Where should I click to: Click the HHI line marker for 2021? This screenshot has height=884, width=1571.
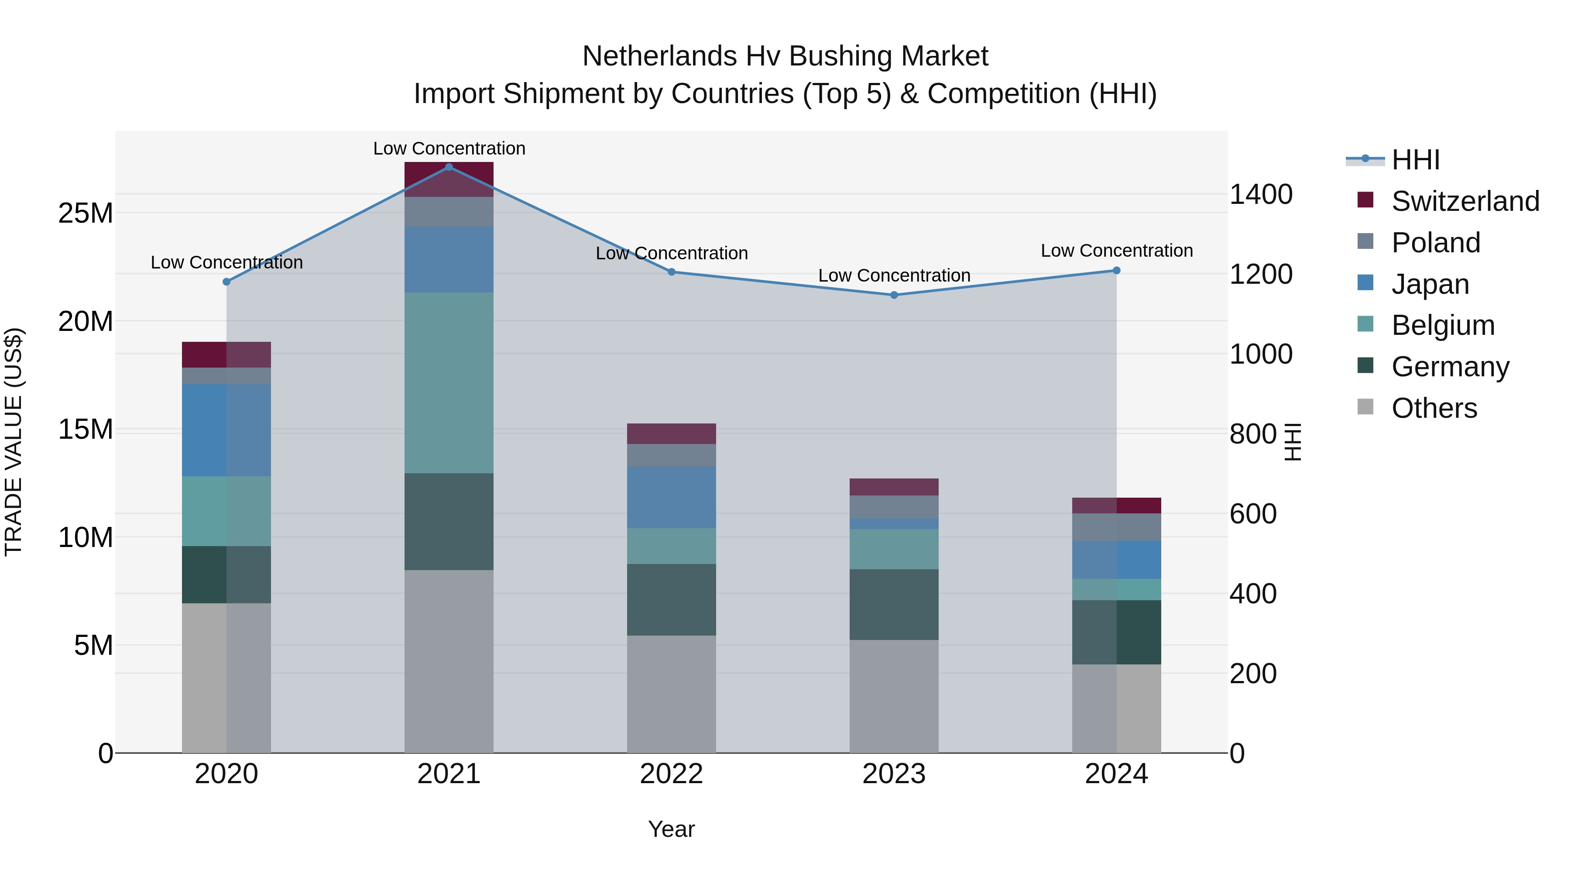(x=449, y=167)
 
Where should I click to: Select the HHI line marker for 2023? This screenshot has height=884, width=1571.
(x=894, y=295)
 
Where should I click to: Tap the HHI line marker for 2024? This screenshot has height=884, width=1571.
(x=1117, y=271)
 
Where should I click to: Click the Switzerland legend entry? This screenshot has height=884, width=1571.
(x=1465, y=201)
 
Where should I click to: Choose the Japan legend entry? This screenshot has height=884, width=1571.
(x=1430, y=284)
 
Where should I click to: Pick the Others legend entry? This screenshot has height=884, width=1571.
(x=1434, y=408)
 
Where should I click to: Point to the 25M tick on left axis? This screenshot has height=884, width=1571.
(x=86, y=213)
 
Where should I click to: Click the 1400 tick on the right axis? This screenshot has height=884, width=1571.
(x=1261, y=195)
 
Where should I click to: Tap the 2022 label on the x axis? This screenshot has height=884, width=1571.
(x=672, y=774)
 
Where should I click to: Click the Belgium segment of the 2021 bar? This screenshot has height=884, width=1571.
(x=449, y=382)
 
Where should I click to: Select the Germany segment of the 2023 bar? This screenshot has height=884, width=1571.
(x=894, y=605)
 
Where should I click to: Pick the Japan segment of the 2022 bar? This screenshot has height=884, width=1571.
(x=672, y=497)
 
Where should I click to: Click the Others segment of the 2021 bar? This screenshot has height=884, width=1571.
(x=449, y=661)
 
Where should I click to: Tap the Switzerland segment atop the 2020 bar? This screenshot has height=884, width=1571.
(x=226, y=354)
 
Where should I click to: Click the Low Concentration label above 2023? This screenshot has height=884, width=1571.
(x=894, y=276)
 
